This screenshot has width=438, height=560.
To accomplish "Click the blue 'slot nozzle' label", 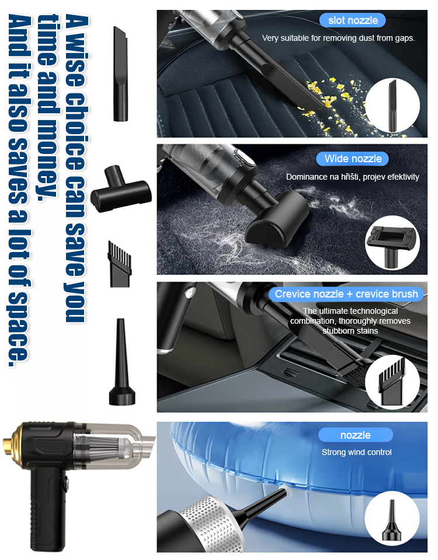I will tap(353, 20).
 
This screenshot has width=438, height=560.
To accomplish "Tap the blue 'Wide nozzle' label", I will tap(353, 159).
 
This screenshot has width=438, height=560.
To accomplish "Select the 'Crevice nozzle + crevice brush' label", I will tap(346, 294).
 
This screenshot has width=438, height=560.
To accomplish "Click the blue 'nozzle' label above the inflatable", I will tap(356, 435).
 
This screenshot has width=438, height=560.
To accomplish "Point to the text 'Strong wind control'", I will tap(356, 452).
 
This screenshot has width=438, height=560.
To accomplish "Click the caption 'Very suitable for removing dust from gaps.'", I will tap(338, 38).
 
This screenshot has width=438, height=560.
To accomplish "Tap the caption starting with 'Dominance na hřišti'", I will tap(352, 177).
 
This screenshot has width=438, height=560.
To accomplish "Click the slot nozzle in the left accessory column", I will tap(121, 74).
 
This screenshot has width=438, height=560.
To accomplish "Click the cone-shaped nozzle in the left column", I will tap(121, 365).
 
